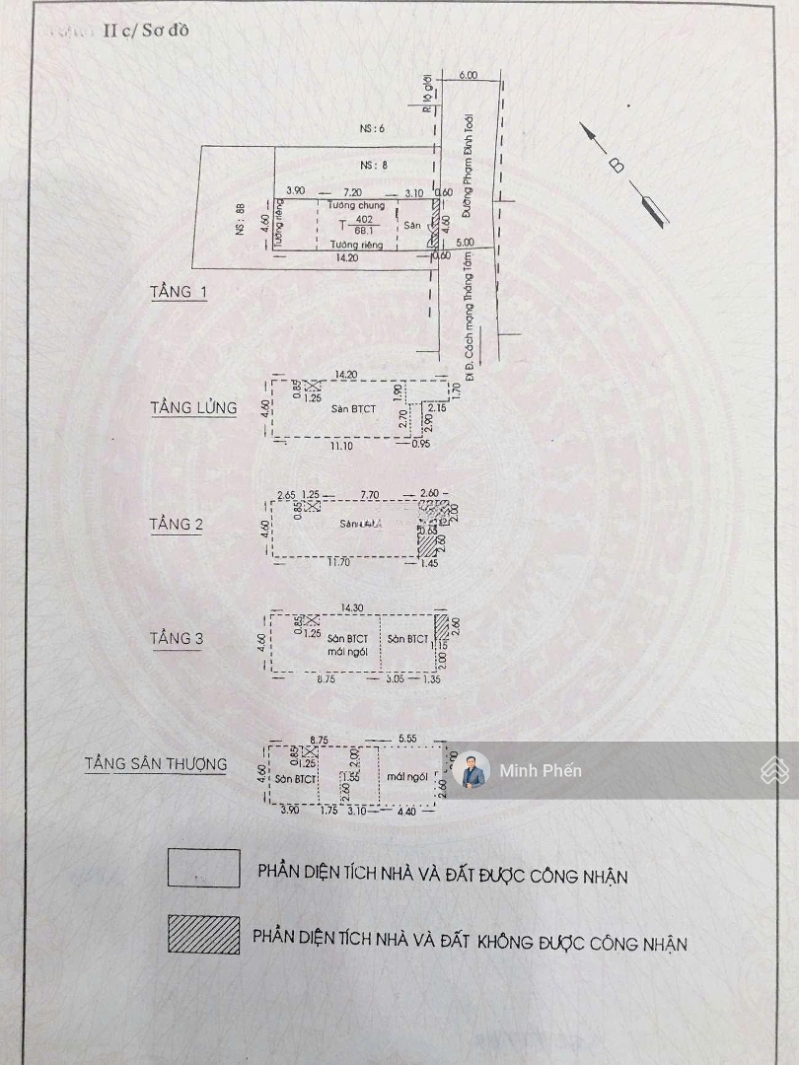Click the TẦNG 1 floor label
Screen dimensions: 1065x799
tap(179, 292)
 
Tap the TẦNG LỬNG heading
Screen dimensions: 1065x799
tap(193, 407)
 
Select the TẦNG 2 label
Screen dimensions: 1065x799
tap(177, 524)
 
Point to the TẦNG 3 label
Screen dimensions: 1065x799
tap(177, 638)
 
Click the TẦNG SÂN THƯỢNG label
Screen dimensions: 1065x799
tap(155, 763)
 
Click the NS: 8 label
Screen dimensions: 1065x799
tap(372, 165)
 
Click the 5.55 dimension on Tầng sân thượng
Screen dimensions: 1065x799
tap(405, 738)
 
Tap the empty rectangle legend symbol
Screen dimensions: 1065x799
tap(203, 869)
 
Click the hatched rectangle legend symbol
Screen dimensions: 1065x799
tap(203, 935)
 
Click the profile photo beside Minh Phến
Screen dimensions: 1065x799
tap(472, 771)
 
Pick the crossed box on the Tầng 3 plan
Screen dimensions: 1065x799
tap(312, 619)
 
